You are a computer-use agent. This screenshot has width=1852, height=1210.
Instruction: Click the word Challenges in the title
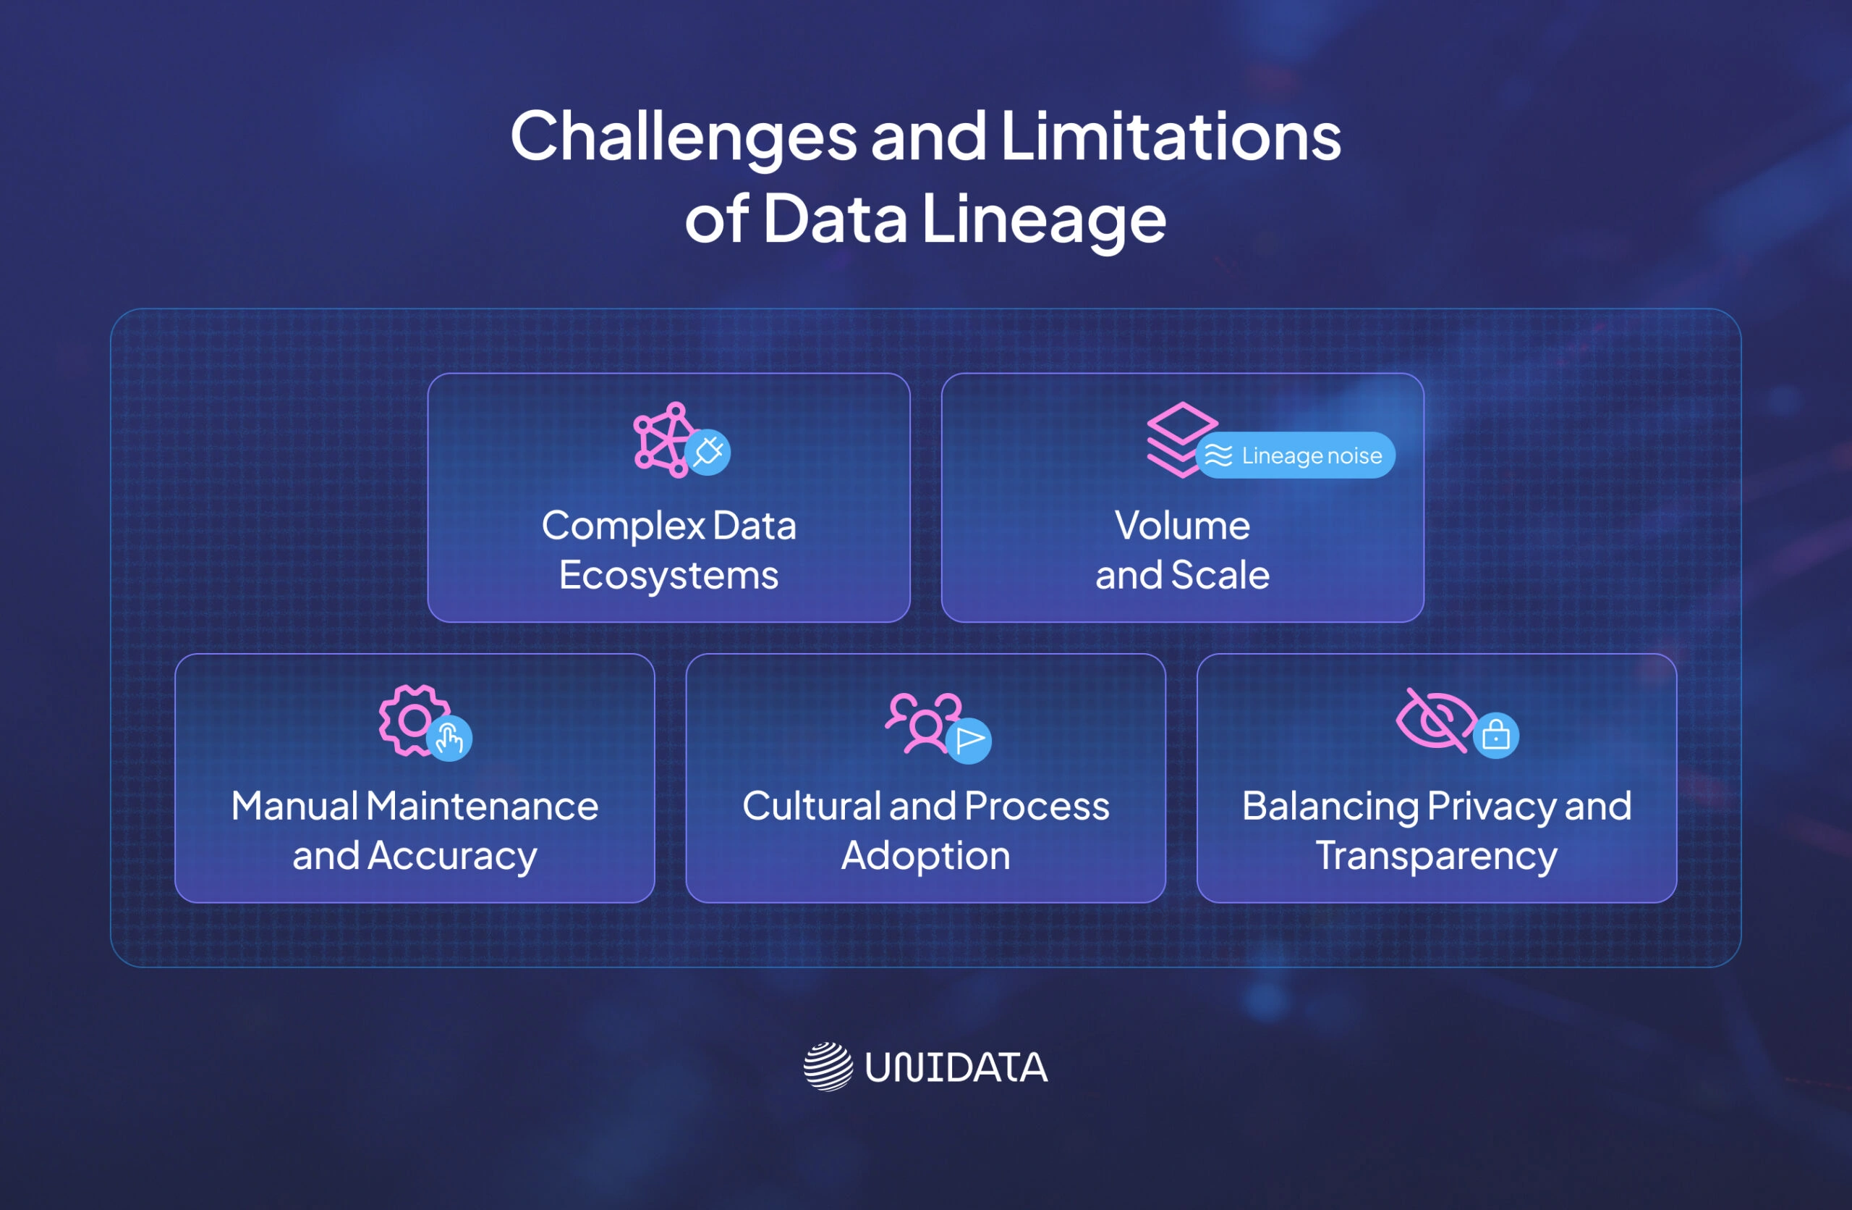tap(683, 138)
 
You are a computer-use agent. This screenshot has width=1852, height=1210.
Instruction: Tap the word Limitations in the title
tap(1171, 136)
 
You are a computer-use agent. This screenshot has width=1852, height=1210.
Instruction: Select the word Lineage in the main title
tap(1043, 219)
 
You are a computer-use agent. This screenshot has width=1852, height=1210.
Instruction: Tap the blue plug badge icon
tap(708, 452)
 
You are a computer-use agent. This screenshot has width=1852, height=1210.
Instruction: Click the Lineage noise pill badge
tap(1296, 455)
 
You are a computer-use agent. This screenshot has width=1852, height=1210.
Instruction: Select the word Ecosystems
tap(668, 576)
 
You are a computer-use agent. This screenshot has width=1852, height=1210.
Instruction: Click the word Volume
tap(1182, 526)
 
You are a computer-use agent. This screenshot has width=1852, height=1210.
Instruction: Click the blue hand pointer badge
tap(450, 738)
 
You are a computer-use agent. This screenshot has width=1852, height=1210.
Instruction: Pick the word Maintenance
tap(482, 806)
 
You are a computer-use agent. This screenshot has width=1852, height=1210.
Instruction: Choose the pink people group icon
tap(923, 723)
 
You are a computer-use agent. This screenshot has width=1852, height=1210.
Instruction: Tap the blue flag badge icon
tap(969, 741)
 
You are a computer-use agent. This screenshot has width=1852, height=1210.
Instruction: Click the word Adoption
tap(925, 856)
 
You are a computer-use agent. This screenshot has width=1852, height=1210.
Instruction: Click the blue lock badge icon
tap(1495, 735)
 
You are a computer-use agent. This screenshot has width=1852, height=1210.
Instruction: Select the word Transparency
tap(1437, 856)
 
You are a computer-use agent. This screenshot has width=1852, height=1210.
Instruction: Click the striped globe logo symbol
tap(828, 1067)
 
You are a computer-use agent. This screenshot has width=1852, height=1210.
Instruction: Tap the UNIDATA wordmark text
tap(956, 1067)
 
